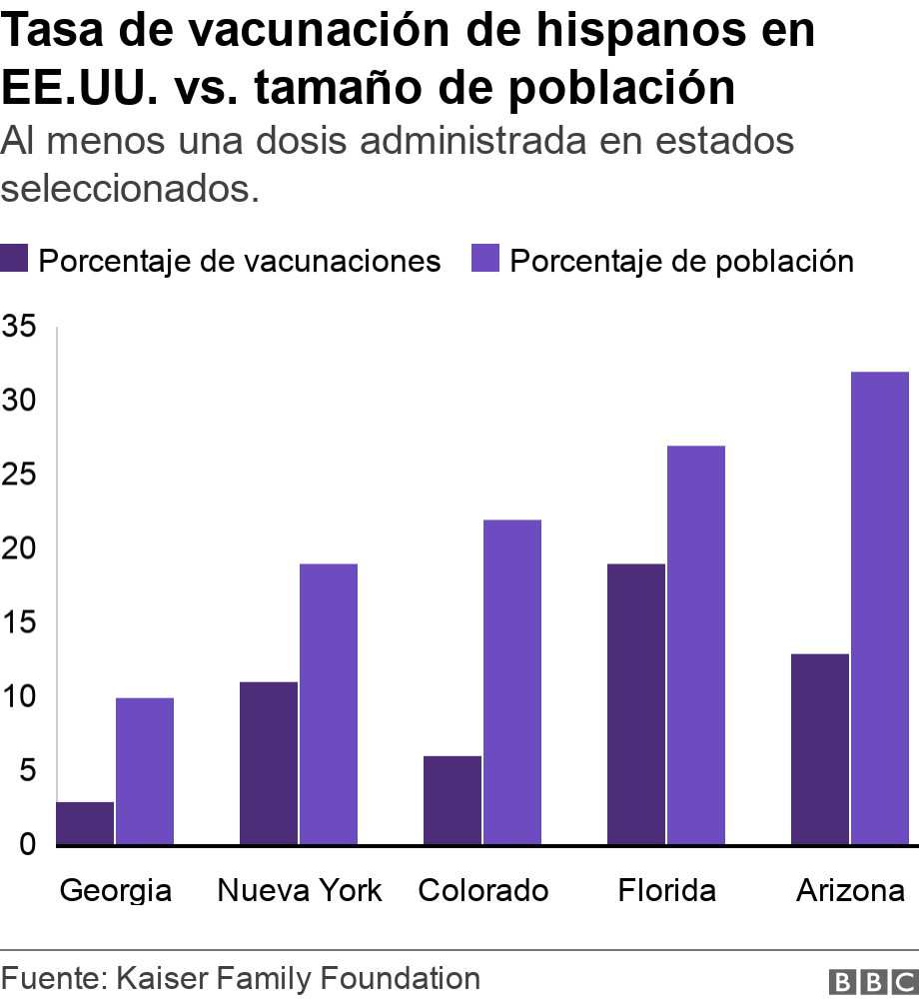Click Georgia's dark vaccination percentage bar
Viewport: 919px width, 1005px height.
(x=85, y=823)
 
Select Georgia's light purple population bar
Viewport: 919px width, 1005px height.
(x=145, y=771)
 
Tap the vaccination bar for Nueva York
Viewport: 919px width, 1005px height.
(x=269, y=763)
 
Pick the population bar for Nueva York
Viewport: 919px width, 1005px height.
(x=329, y=704)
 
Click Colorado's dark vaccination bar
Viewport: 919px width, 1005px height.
(x=453, y=800)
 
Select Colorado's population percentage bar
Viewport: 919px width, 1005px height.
(x=512, y=682)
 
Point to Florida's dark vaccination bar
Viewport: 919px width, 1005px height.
(x=636, y=704)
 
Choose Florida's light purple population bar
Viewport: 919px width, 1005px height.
(x=696, y=645)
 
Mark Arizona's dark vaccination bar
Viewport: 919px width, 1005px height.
(x=819, y=749)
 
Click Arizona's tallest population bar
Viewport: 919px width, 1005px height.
(x=880, y=608)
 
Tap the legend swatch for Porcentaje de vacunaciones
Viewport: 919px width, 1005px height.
(x=15, y=260)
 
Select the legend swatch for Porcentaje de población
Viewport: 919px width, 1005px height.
(x=484, y=260)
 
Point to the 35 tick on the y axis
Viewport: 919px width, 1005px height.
(x=19, y=327)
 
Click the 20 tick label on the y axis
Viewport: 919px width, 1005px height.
(x=19, y=548)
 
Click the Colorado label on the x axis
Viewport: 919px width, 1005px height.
(x=482, y=890)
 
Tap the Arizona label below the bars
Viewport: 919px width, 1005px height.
(x=850, y=890)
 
